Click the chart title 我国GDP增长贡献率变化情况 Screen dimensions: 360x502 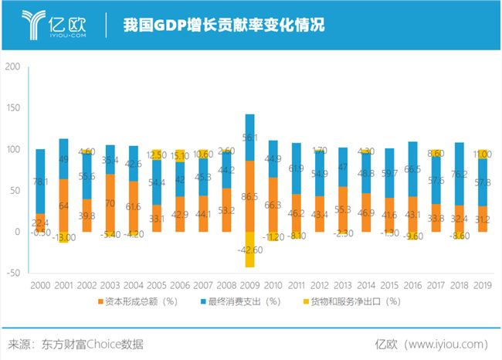point(223,25)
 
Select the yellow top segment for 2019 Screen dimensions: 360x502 point(483,154)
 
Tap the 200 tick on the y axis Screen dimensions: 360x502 point(13,66)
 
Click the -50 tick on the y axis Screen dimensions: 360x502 point(13,273)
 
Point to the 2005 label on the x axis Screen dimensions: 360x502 point(157,285)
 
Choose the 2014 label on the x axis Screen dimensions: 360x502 point(367,285)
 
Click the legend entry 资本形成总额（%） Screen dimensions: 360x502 point(143,301)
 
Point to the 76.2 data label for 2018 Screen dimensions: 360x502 point(460,174)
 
